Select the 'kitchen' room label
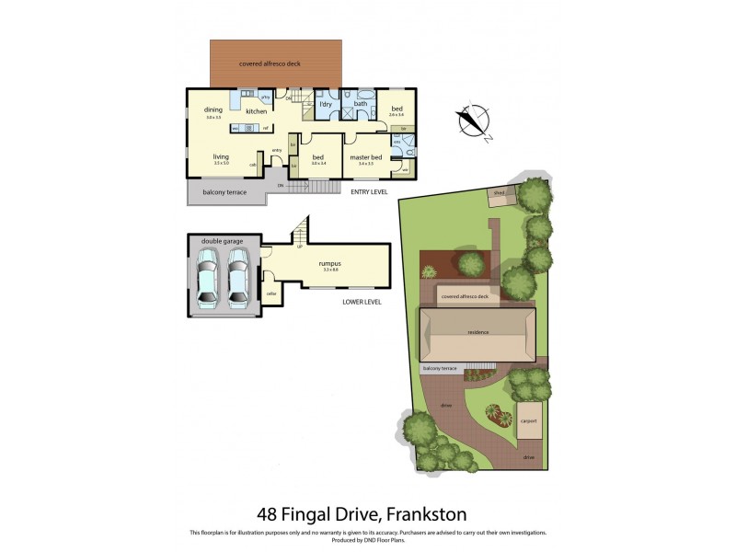pos(256,111)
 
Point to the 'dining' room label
pos(213,110)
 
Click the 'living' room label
pos(221,156)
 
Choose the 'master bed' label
pos(365,157)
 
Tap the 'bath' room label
pos(361,104)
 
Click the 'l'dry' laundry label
pos(325,104)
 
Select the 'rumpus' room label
pos(330,263)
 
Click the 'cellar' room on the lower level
pos(271,293)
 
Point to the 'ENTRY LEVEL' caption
pos(368,192)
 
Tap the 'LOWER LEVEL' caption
pos(362,302)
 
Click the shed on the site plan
pos(500,194)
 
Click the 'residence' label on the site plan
pos(477,332)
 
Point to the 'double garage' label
pos(223,241)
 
